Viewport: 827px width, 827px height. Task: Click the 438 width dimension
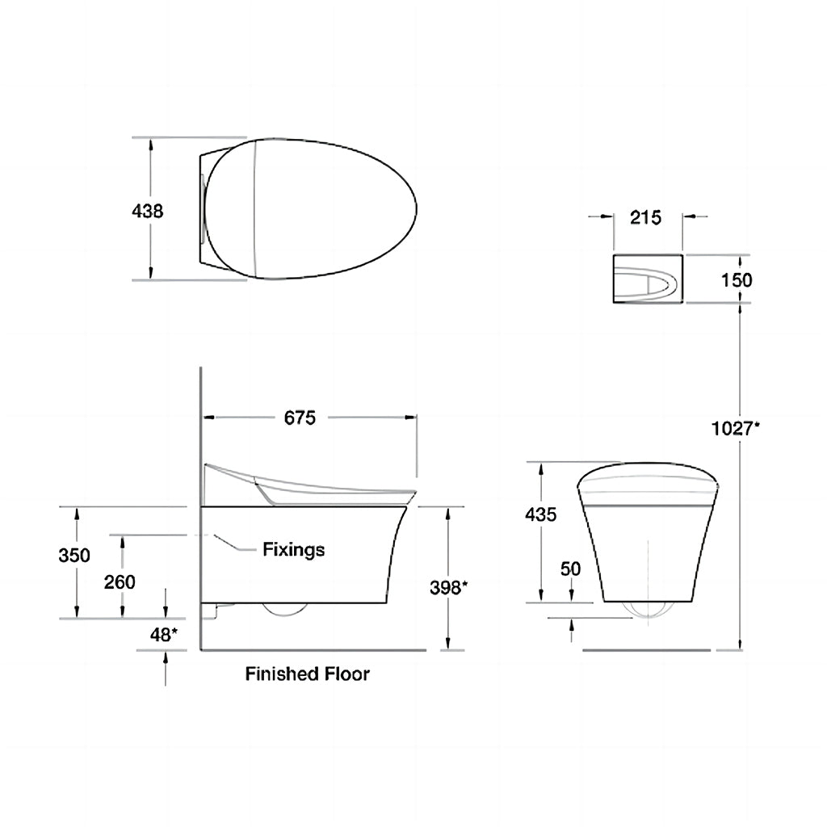[147, 212]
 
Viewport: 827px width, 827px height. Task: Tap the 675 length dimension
[300, 418]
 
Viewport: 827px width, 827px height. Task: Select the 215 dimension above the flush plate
[645, 217]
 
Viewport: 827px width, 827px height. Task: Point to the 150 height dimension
[737, 280]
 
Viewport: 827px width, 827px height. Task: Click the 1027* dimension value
[736, 428]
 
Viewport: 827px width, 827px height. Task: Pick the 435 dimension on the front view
[540, 514]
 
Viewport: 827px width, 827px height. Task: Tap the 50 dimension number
[570, 569]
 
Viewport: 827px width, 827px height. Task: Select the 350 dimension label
[74, 556]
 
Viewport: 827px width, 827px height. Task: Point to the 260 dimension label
[120, 582]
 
